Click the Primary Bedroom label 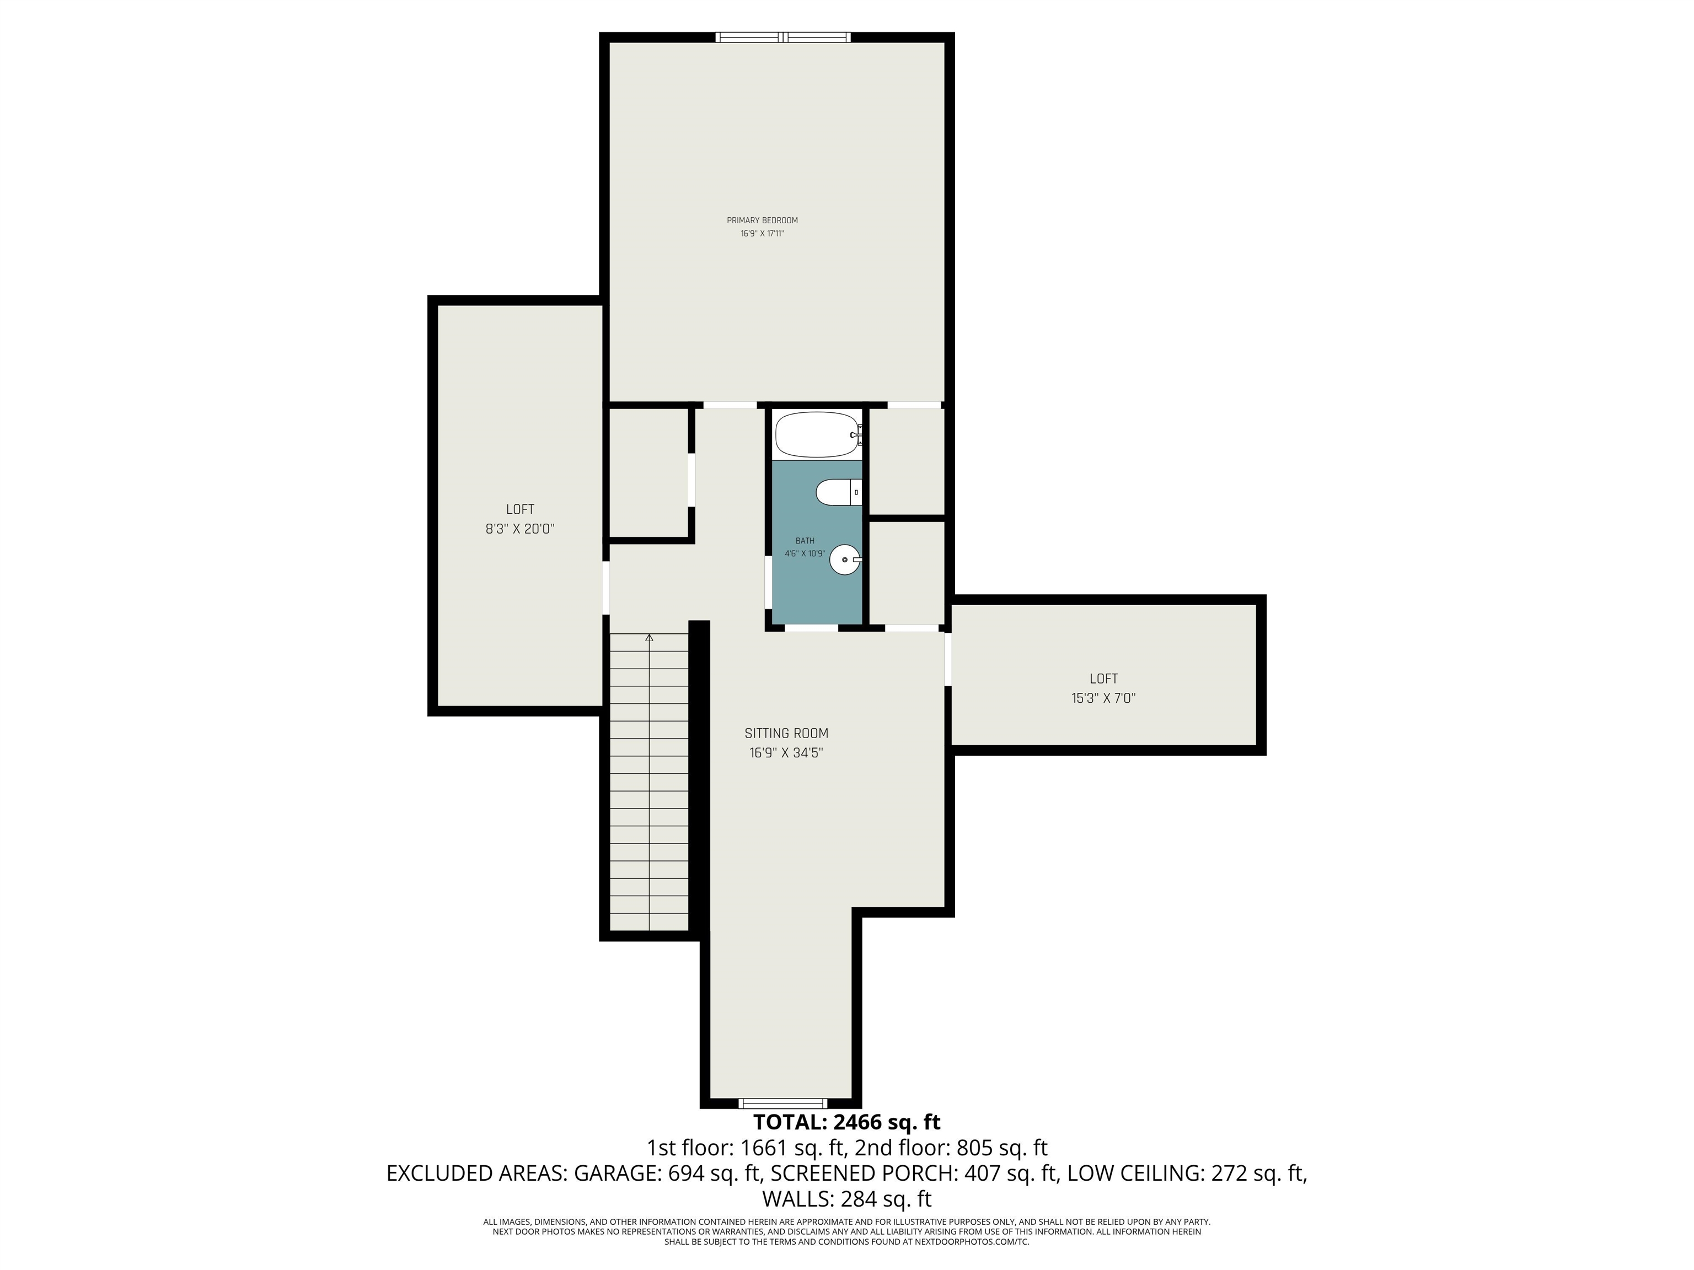pyautogui.click(x=762, y=220)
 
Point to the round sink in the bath pyautogui.click(x=845, y=559)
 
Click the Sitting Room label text pyautogui.click(x=786, y=733)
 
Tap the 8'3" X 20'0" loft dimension pyautogui.click(x=520, y=529)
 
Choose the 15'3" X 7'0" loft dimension pyautogui.click(x=1103, y=698)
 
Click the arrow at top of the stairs pyautogui.click(x=650, y=638)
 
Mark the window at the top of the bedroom pyautogui.click(x=782, y=37)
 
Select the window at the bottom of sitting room pyautogui.click(x=782, y=1103)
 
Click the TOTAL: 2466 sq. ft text pyautogui.click(x=847, y=1123)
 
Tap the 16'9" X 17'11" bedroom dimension pyautogui.click(x=762, y=234)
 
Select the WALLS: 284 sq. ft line pyautogui.click(x=847, y=1198)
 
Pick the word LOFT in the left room pyautogui.click(x=520, y=510)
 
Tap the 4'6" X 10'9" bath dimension pyautogui.click(x=805, y=553)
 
